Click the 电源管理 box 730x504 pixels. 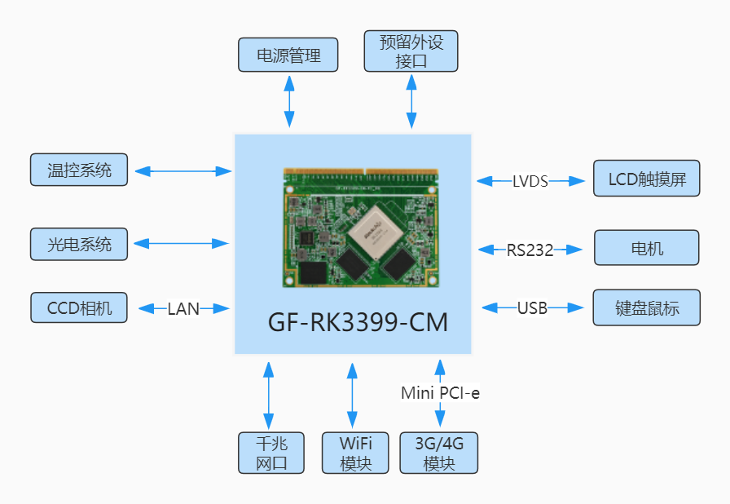point(288,55)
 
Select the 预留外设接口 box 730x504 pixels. point(411,51)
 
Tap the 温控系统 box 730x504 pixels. point(79,170)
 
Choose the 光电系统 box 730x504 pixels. point(79,244)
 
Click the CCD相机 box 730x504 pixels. point(79,307)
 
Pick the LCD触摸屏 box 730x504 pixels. point(647,179)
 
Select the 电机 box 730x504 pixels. point(647,248)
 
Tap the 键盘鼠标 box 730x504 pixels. point(647,307)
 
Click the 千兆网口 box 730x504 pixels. point(271,453)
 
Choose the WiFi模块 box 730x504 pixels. point(353,453)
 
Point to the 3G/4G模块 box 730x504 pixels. point(438,453)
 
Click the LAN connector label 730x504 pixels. point(183,309)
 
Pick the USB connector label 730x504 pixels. point(532,308)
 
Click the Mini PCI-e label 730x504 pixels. point(440,393)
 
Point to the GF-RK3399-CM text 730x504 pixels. point(358,322)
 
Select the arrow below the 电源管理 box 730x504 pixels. point(288,101)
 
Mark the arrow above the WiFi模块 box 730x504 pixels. point(352,396)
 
